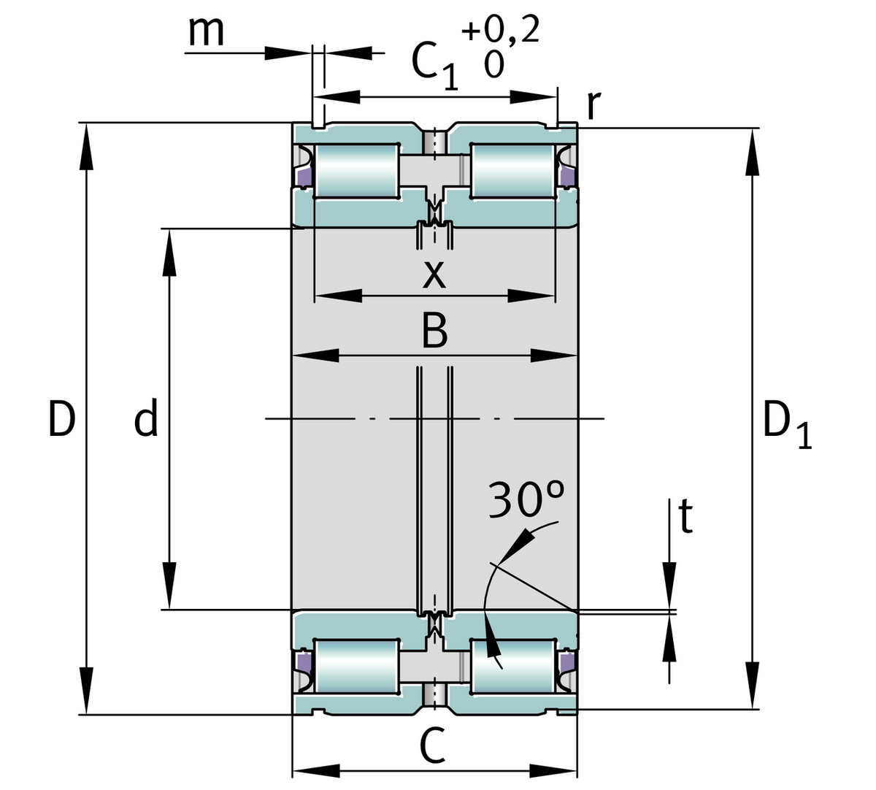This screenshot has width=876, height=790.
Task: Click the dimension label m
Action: [206, 31]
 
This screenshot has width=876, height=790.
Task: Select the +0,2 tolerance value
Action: [500, 31]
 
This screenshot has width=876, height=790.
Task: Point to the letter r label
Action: [593, 106]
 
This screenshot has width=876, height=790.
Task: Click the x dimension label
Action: [434, 275]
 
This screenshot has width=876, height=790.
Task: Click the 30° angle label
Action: [526, 500]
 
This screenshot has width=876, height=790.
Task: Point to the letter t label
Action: [685, 517]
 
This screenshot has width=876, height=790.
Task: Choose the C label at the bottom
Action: [434, 746]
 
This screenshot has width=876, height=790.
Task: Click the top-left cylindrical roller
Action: [357, 170]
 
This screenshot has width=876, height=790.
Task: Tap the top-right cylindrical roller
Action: [513, 170]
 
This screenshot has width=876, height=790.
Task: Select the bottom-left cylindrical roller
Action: [357, 667]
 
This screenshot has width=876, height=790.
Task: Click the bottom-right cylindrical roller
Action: [513, 667]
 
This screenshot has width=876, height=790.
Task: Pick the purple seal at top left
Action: [303, 177]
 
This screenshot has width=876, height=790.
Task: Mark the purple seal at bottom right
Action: [566, 661]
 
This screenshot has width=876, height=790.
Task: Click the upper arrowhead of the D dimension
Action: [86, 146]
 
